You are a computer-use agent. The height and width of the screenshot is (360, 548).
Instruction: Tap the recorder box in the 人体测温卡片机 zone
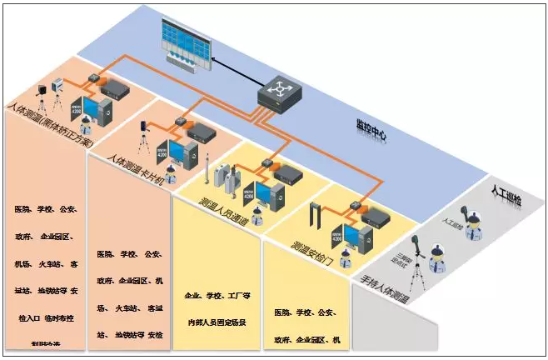(202, 131)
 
